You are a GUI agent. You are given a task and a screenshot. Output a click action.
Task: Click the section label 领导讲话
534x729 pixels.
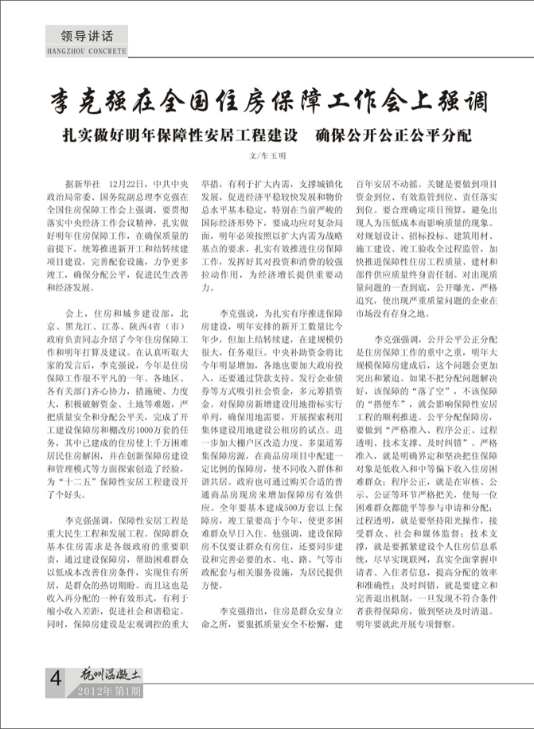pyautogui.click(x=81, y=36)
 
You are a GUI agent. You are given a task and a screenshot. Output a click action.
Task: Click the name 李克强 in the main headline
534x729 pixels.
pyautogui.click(x=88, y=103)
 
